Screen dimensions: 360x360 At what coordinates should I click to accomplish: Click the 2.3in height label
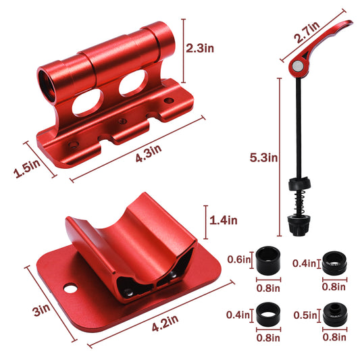pyautogui.click(x=200, y=49)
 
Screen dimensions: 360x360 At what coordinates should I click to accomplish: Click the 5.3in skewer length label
pyautogui.click(x=263, y=157)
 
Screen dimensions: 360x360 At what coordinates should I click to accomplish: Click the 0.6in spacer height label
pyautogui.click(x=238, y=259)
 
